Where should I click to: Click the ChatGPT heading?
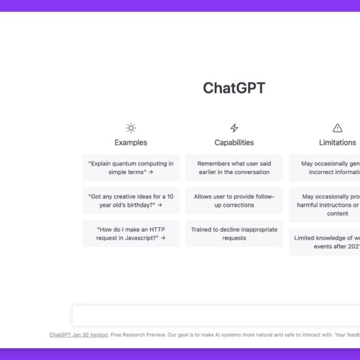pyautogui.click(x=234, y=88)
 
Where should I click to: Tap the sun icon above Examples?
pyautogui.click(x=131, y=128)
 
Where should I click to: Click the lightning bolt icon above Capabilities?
pyautogui.click(x=234, y=128)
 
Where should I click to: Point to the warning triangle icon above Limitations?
pyautogui.click(x=337, y=128)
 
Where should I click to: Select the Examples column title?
pyautogui.click(x=131, y=143)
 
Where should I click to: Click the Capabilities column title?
pyautogui.click(x=234, y=143)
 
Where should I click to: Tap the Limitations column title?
pyautogui.click(x=337, y=143)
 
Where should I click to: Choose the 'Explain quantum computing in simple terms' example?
pyautogui.click(x=131, y=168)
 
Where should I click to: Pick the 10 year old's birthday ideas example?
pyautogui.click(x=131, y=200)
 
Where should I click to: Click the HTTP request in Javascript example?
pyautogui.click(x=131, y=234)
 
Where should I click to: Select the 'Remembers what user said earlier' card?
pyautogui.click(x=234, y=168)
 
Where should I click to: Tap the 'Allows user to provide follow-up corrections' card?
pyautogui.click(x=234, y=200)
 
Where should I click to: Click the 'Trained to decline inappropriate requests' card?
pyautogui.click(x=234, y=234)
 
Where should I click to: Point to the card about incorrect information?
pyautogui.click(x=325, y=168)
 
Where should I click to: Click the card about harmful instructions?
pyautogui.click(x=325, y=204)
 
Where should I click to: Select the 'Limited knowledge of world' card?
pyautogui.click(x=325, y=242)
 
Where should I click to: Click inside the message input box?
pyautogui.click(x=216, y=315)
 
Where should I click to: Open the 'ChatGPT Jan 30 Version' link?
pyautogui.click(x=79, y=335)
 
